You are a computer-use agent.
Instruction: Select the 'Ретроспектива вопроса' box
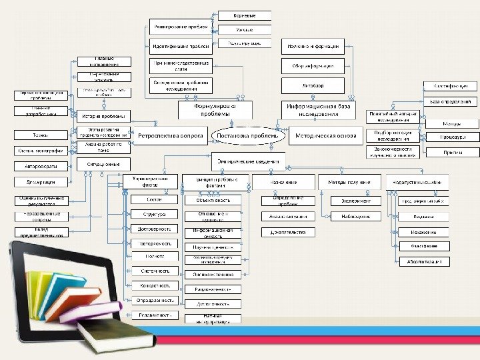170,135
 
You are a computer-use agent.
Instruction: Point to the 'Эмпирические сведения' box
247,161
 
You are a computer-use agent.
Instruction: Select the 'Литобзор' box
313,85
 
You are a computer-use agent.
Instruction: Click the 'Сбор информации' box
313,66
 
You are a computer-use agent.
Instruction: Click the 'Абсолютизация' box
425,262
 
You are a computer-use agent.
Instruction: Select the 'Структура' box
153,215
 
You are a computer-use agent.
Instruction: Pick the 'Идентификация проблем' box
180,47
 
